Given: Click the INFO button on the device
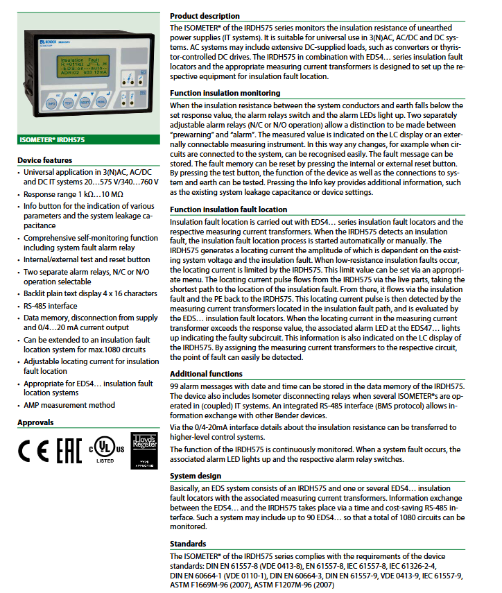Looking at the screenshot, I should (51, 103).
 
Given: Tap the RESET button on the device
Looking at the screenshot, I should (85, 103).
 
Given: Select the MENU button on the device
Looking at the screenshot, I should (101, 103).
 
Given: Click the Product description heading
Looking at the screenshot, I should (205, 16).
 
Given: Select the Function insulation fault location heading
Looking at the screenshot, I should (228, 209).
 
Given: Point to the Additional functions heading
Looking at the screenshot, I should (206, 374).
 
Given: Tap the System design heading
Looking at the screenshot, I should (196, 476).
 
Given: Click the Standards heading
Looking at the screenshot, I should (188, 544).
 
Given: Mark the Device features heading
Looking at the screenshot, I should (44, 161).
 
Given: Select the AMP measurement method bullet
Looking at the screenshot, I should (69, 405).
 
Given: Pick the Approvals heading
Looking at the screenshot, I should (35, 422).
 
